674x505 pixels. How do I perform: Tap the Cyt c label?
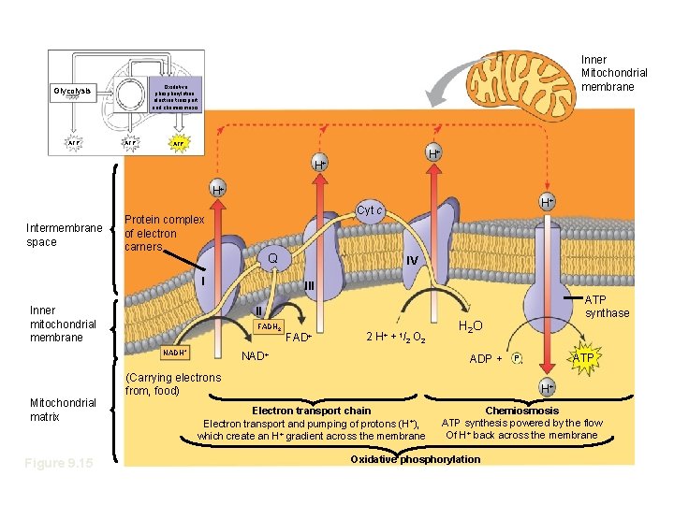[x=370, y=210]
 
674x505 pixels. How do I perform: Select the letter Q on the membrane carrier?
[x=271, y=257]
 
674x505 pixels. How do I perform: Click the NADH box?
[x=175, y=353]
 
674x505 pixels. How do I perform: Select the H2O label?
[x=470, y=325]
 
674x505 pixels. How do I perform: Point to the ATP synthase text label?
[x=607, y=307]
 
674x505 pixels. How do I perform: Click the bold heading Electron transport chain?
[x=312, y=411]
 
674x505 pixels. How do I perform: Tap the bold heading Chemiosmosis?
[x=522, y=411]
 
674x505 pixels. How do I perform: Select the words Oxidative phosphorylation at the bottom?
[x=415, y=459]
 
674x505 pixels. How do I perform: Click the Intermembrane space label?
[x=66, y=235]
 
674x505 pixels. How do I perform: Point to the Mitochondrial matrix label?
[x=63, y=409]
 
